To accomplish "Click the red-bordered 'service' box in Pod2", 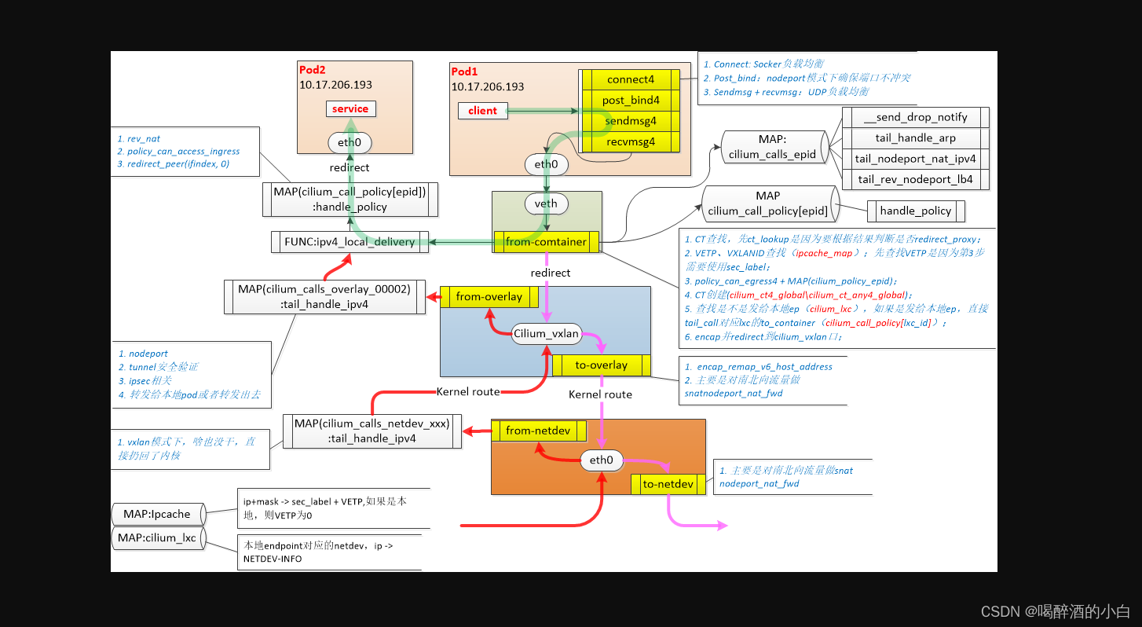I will click(x=350, y=108).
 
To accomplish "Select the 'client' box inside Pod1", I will click(x=482, y=111).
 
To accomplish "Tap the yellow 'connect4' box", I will click(x=630, y=79).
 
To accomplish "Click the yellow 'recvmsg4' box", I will click(x=630, y=142).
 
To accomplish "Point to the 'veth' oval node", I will click(x=546, y=203).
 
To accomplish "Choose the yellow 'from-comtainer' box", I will click(x=546, y=241).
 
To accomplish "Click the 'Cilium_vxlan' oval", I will click(x=546, y=333).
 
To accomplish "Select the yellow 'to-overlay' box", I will click(x=601, y=365).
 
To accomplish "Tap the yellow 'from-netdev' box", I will click(x=539, y=431).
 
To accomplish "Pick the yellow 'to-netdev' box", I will click(x=668, y=484).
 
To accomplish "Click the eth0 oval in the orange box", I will click(x=601, y=460).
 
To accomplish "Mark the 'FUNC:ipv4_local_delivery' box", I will click(x=350, y=241).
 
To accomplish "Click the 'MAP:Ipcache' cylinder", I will click(x=157, y=514).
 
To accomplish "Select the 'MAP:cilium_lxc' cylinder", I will click(x=157, y=538).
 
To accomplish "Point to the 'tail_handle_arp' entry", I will click(x=915, y=137).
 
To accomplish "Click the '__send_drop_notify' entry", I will click(x=915, y=117).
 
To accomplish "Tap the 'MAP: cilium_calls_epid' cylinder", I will click(x=771, y=147).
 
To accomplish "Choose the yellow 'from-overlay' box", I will click(x=489, y=297).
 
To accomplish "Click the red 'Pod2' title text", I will click(x=312, y=70).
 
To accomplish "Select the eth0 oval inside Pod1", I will click(x=546, y=164).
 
